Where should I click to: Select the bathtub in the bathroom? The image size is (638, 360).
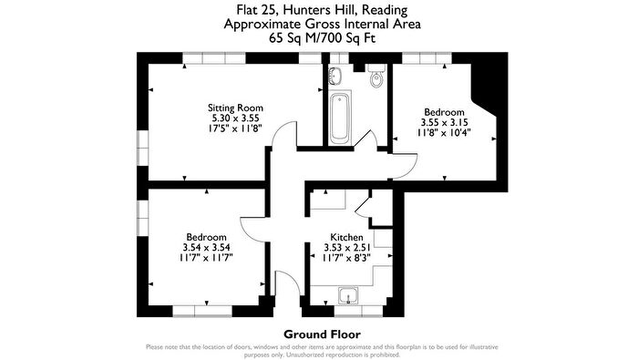(x=340, y=118)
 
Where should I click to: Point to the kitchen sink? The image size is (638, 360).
(x=347, y=293)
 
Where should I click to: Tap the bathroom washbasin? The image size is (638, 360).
(x=334, y=77)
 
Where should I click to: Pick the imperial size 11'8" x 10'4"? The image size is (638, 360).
(x=443, y=132)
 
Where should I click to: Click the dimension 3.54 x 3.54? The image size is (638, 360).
(x=206, y=247)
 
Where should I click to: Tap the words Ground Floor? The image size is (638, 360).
(x=318, y=334)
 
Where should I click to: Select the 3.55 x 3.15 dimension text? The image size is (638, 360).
(x=443, y=121)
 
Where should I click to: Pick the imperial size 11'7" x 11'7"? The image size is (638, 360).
(x=206, y=258)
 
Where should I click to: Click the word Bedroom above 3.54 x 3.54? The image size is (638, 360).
(x=206, y=236)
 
